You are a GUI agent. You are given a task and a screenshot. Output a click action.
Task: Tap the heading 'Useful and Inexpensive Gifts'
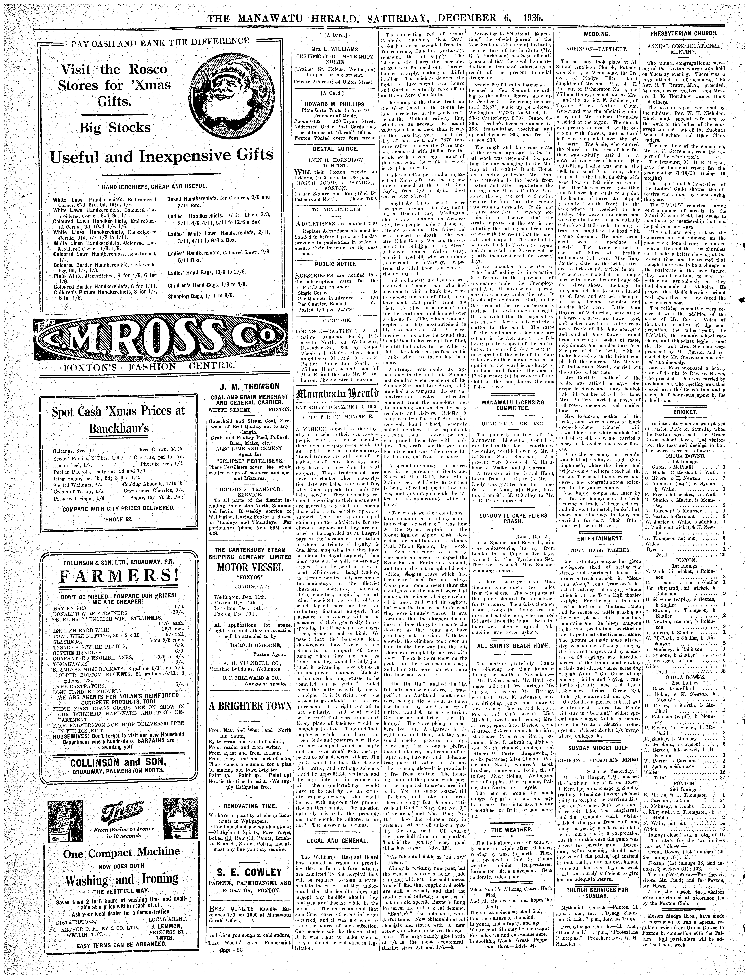point(161,156)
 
